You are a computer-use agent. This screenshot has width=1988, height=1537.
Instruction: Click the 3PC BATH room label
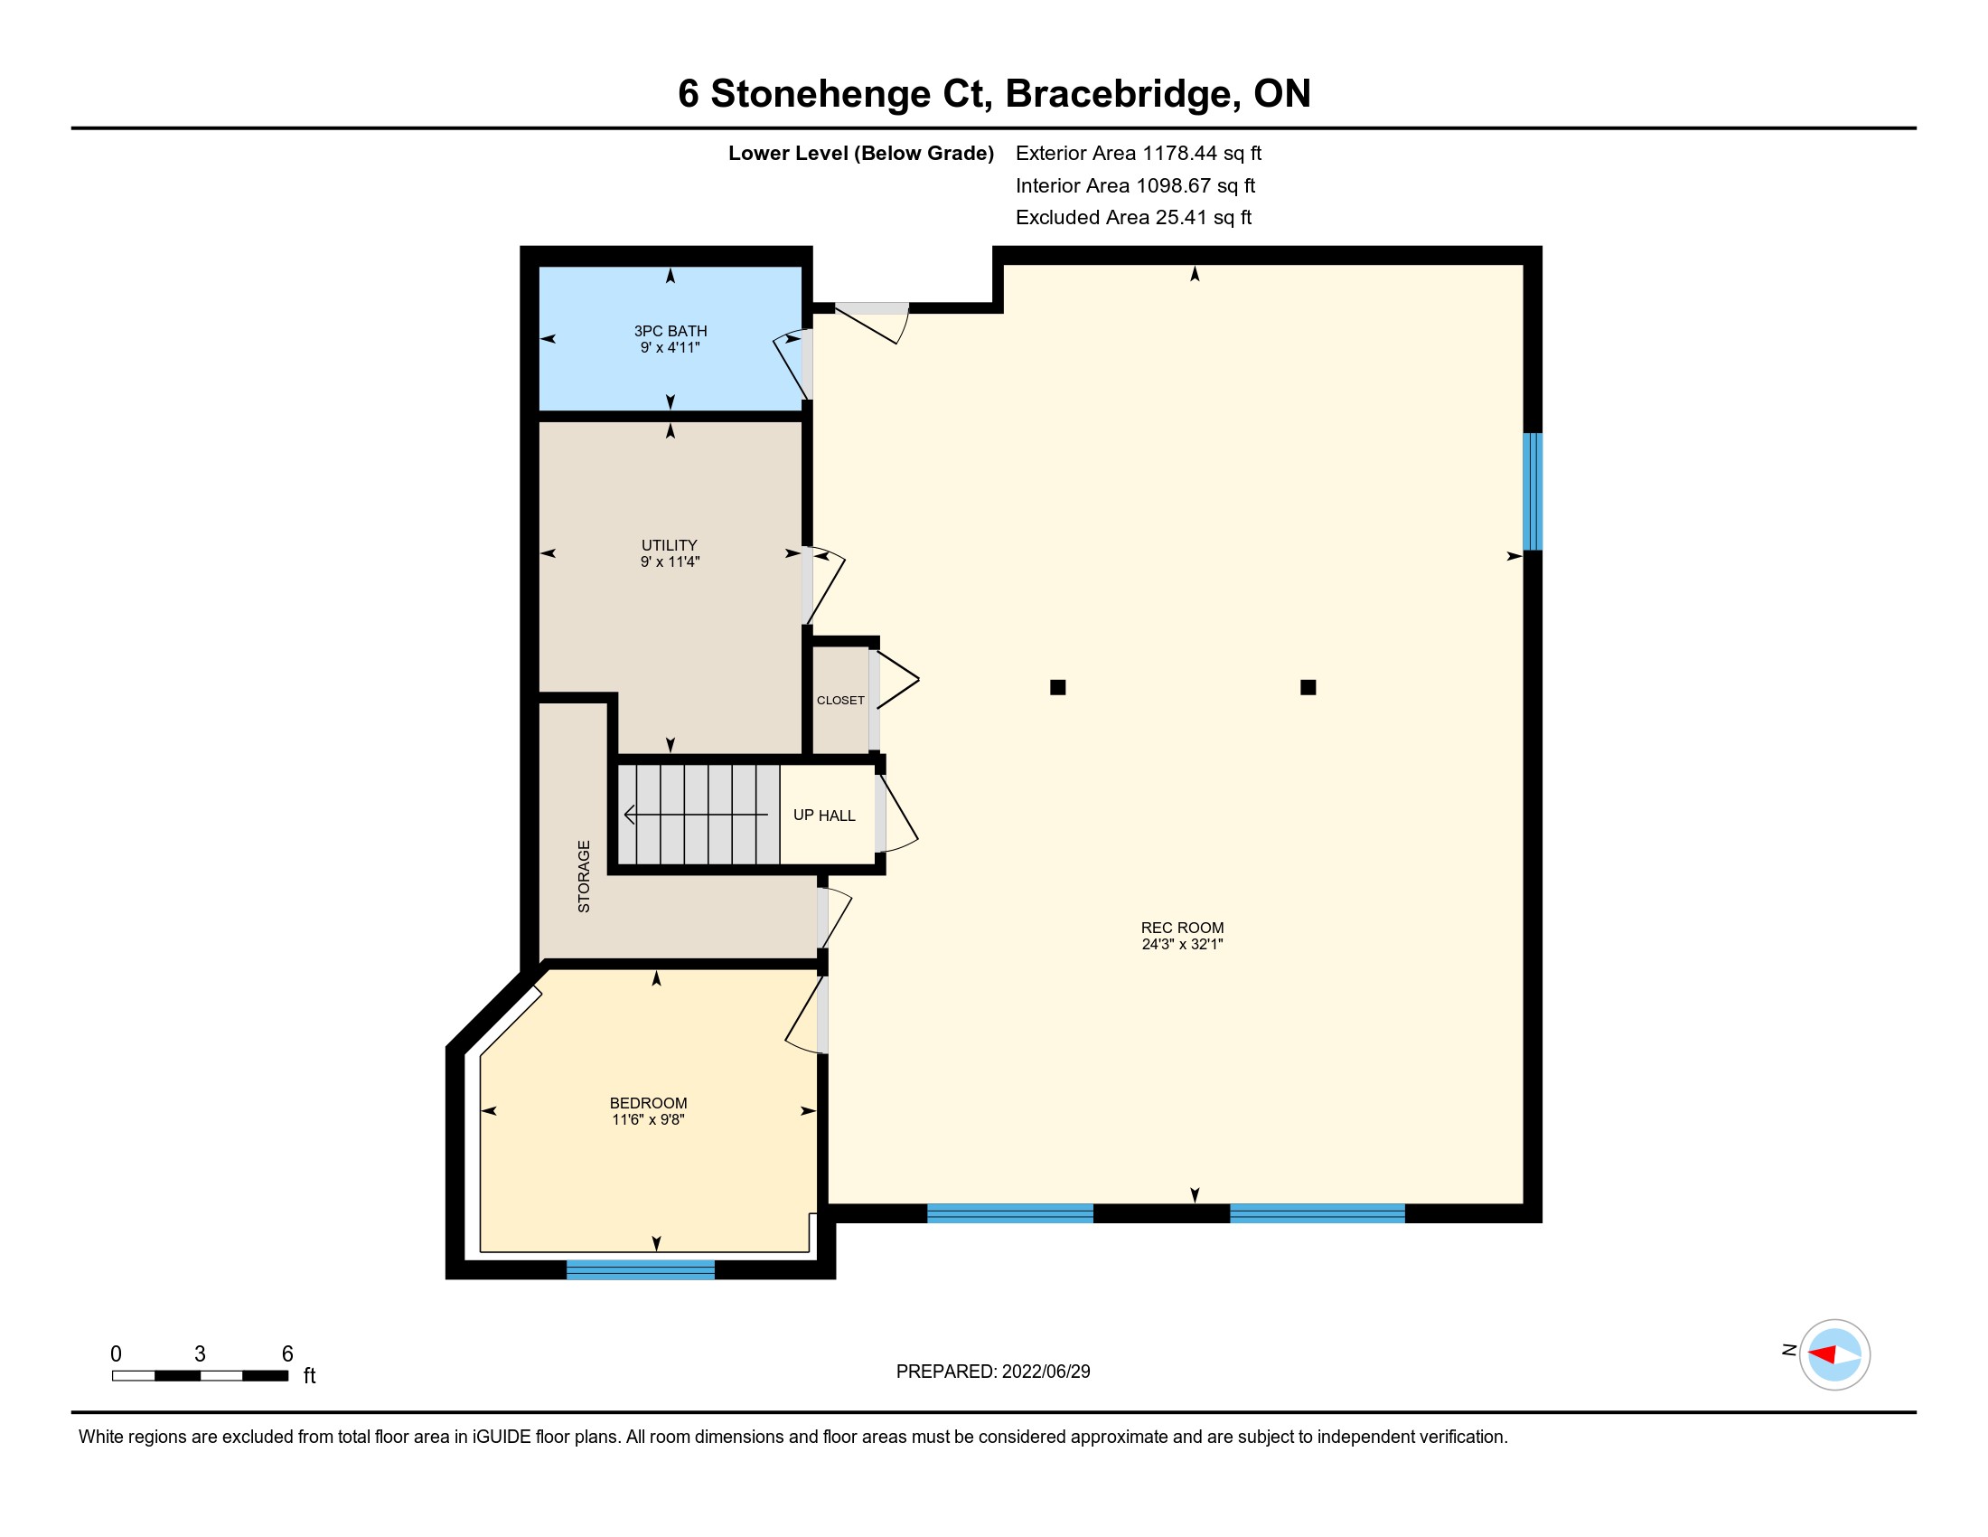coord(670,332)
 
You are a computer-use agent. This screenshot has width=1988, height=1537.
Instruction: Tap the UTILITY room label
coord(669,545)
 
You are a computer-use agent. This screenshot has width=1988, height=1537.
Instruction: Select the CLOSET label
coord(840,700)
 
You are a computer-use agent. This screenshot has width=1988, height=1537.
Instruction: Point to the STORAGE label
coord(585,876)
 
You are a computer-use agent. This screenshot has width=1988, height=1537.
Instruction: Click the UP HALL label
coord(824,816)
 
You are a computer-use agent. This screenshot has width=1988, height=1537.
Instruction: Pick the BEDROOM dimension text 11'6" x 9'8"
coord(648,1120)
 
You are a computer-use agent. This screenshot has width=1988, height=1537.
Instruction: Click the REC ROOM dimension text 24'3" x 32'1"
coord(1183,944)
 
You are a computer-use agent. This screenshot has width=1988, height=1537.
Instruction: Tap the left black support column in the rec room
coord(1058,687)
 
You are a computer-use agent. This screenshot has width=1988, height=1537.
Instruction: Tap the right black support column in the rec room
coord(1308,687)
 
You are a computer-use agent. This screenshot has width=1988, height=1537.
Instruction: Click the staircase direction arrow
coord(697,814)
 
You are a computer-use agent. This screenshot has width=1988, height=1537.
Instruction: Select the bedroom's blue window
coord(641,1269)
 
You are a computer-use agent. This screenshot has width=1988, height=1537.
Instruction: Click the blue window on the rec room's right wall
coord(1533,492)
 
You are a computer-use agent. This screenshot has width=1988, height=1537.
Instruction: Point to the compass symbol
coord(1834,1354)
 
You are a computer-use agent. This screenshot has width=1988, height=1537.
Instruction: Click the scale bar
coord(201,1375)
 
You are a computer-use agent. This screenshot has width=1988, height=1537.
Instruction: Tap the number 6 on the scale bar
coord(287,1354)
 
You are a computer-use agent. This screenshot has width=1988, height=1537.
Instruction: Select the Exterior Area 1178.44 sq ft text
coord(1139,154)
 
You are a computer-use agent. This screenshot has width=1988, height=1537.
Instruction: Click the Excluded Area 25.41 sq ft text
coord(1134,218)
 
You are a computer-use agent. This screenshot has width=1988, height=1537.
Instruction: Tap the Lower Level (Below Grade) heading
coord(860,154)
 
